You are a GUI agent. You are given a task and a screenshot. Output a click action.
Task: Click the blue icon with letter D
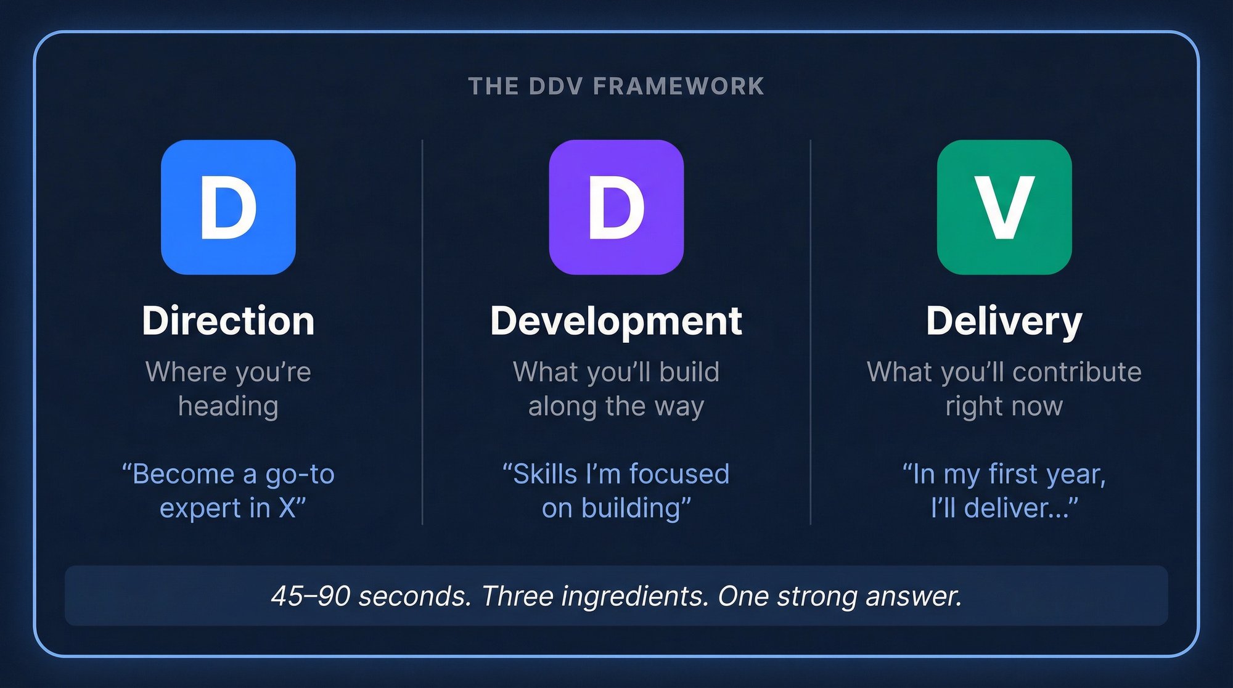(228, 207)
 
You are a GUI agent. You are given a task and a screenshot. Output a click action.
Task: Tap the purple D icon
(616, 207)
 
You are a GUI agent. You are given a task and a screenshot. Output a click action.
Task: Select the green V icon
(1004, 207)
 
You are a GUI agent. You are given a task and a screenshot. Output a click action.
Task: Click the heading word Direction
(228, 321)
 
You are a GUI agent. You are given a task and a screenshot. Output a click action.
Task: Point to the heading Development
(616, 321)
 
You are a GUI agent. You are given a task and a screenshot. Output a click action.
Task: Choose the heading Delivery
(1004, 321)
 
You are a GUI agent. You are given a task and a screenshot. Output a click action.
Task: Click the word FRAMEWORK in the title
(679, 86)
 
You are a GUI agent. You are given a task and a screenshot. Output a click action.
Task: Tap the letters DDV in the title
(555, 86)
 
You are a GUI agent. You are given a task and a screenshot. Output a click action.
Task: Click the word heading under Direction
(228, 407)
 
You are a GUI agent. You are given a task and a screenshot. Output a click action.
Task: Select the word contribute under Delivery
(1076, 372)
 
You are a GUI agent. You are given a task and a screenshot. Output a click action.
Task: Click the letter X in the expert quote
(287, 508)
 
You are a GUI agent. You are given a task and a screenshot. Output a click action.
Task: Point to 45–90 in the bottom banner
(311, 596)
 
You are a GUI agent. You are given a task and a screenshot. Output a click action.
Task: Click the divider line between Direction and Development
(422, 333)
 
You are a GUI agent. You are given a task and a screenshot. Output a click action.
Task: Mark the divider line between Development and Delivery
(810, 333)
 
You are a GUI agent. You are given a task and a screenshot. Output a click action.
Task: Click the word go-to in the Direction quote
(300, 475)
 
